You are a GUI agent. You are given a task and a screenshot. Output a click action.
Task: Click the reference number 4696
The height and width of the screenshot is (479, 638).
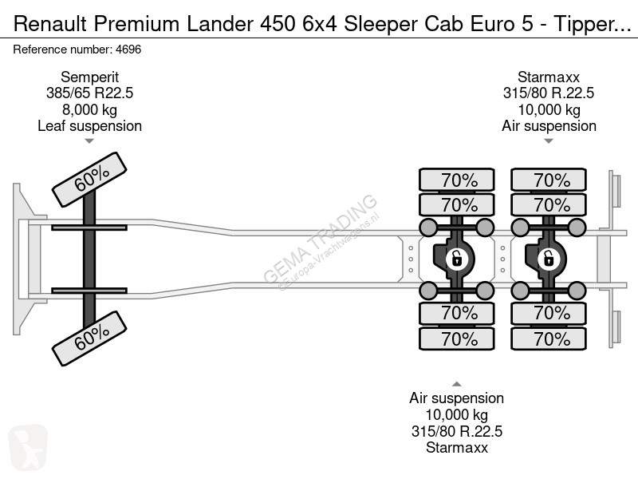128,49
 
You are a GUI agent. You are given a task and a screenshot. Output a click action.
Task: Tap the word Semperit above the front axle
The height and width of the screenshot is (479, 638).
89,77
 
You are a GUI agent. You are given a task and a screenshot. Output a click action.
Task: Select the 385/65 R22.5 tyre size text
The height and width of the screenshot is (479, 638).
89,93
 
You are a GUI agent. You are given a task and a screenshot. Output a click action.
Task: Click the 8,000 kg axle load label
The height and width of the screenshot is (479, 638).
89,109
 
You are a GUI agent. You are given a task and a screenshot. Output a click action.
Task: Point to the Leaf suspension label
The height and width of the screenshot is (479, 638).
89,126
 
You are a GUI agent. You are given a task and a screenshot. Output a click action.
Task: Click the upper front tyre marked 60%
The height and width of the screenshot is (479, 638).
89,179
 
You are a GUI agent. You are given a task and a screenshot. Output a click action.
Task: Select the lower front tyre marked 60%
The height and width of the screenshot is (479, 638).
89,338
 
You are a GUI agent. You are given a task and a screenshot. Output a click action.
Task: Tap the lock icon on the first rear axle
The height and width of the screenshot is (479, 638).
456,259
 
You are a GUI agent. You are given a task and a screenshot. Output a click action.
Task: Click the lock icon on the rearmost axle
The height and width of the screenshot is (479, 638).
549,259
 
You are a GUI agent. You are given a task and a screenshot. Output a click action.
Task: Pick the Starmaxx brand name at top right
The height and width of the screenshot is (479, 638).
549,77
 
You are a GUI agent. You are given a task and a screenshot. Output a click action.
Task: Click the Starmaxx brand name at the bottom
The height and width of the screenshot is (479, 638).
456,448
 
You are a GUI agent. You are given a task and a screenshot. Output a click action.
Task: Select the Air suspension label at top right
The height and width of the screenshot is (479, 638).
549,126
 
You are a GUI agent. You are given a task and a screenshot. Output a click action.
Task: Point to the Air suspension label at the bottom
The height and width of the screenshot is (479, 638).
456,398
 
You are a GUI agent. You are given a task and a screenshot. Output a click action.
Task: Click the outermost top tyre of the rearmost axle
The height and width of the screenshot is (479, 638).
549,180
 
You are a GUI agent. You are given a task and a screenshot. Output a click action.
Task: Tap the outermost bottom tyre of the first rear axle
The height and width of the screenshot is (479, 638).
456,338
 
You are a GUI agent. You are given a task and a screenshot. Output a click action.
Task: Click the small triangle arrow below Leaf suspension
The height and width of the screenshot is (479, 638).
89,141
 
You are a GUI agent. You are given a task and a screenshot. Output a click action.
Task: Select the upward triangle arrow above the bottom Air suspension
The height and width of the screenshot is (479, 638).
456,384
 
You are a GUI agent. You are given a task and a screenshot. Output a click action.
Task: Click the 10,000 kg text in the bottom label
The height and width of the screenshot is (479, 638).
456,414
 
